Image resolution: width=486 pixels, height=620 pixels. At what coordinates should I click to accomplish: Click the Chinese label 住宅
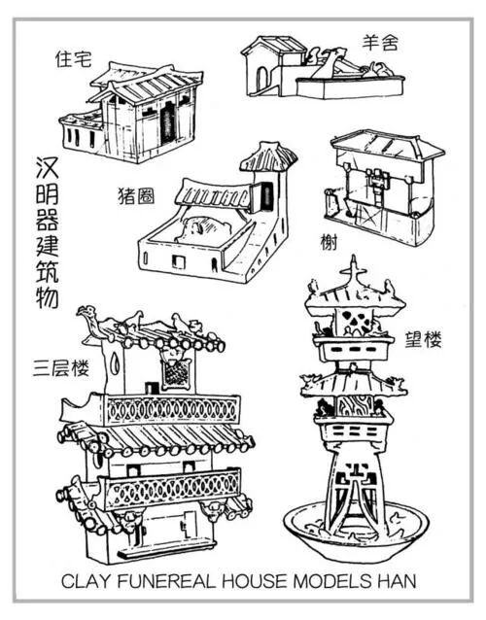(x=71, y=59)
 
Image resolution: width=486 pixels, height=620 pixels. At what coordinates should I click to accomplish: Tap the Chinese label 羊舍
(x=379, y=42)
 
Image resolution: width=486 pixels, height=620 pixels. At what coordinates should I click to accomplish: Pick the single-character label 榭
(x=323, y=239)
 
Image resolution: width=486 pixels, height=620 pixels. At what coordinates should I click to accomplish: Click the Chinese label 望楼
(x=424, y=339)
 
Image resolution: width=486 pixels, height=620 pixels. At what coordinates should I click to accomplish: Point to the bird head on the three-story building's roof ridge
(x=90, y=316)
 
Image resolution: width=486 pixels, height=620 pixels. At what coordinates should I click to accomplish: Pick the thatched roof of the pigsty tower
(x=268, y=155)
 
